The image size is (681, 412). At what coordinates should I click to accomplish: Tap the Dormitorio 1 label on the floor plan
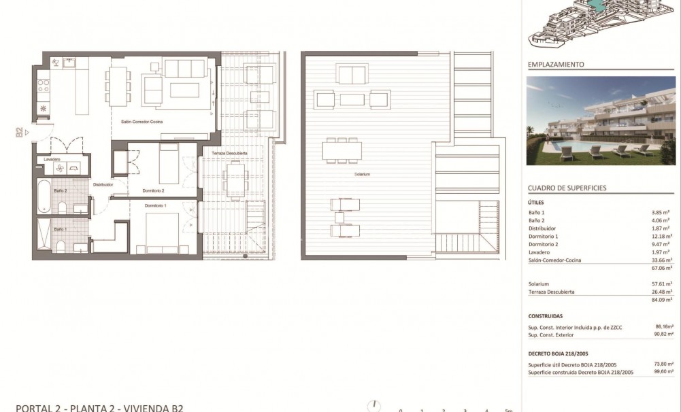click(x=154, y=205)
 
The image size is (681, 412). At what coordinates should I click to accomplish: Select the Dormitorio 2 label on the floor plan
click(x=154, y=190)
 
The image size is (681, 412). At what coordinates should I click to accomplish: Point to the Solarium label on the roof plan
click(x=362, y=175)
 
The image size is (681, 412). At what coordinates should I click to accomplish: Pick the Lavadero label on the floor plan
click(x=52, y=160)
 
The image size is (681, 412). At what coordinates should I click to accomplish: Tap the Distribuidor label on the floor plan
click(x=103, y=184)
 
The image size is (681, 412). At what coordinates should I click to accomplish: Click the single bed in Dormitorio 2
click(x=169, y=164)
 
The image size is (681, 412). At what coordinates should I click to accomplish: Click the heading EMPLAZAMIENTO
click(x=556, y=65)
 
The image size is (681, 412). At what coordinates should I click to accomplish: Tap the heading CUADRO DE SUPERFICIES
click(x=567, y=188)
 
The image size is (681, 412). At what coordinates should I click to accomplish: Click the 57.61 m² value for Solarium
click(x=661, y=284)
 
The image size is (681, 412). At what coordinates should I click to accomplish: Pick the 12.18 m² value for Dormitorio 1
click(x=661, y=236)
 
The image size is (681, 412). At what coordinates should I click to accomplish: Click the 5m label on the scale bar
click(x=508, y=410)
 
